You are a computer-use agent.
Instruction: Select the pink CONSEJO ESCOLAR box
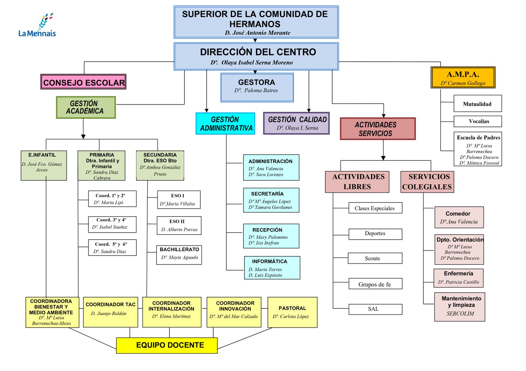pos(84,82)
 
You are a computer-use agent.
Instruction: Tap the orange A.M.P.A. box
pos(463,78)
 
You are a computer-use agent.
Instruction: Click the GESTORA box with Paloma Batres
pos(257,87)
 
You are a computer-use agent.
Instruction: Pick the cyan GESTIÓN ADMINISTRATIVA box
pos(226,124)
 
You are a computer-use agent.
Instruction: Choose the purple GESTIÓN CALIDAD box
pos(296,123)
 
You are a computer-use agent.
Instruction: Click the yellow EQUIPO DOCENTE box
pos(167,345)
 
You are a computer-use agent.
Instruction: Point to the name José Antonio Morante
pos(257,33)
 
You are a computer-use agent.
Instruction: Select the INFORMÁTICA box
pos(272,268)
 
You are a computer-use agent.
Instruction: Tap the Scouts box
pos(375,258)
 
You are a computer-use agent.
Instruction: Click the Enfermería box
pos(458,278)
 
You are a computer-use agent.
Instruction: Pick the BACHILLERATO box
pos(179,255)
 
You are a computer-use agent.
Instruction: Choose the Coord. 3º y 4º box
pos(112,224)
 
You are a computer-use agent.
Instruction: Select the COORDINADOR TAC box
pos(110,312)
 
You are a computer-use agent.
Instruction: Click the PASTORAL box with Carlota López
pos(292,312)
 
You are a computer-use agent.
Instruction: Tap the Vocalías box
pos(477,121)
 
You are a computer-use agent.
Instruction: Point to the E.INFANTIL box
pos(44,166)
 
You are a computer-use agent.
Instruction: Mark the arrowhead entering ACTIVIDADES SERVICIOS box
pos(383,116)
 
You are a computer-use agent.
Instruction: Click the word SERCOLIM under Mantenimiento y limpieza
pos(460,314)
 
